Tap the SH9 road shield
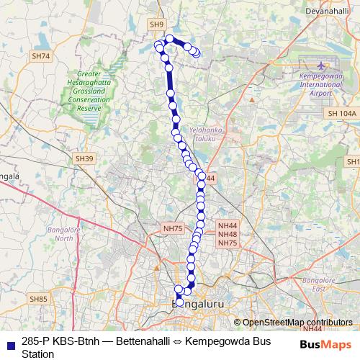click(x=158, y=24)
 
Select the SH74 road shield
click(x=42, y=56)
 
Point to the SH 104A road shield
click(x=341, y=114)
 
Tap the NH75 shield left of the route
click(x=173, y=228)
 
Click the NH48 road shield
click(x=228, y=235)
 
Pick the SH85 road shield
click(x=37, y=298)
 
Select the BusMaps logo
click(x=325, y=343)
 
